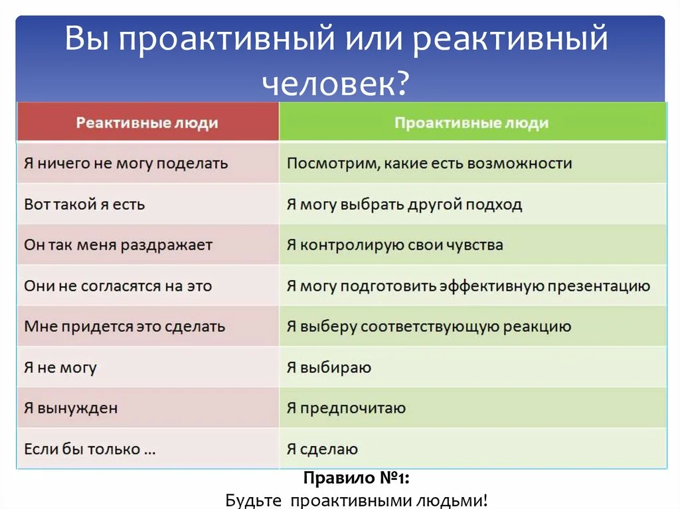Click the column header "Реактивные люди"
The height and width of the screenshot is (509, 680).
[147, 123]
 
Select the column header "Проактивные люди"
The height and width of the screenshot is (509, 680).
[471, 123]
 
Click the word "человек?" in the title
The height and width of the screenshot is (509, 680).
[335, 82]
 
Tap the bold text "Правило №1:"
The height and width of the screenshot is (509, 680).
[357, 478]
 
